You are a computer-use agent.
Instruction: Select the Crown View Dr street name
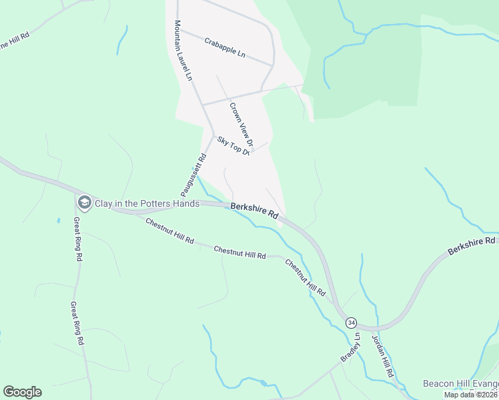click(241, 125)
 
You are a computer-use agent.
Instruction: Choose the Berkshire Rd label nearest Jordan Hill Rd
click(472, 245)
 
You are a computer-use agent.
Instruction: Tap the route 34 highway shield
click(351, 323)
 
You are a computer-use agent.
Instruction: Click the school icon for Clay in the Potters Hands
click(84, 202)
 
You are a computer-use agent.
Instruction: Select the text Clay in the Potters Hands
click(147, 203)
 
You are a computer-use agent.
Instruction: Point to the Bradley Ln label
click(350, 347)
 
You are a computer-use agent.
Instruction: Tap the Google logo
click(22, 391)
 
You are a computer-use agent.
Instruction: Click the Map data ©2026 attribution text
click(471, 395)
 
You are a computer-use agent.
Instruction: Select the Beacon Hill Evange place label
click(460, 383)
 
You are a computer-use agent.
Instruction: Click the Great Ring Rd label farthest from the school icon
click(77, 323)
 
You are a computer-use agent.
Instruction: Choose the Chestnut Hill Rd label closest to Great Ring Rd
click(170, 231)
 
